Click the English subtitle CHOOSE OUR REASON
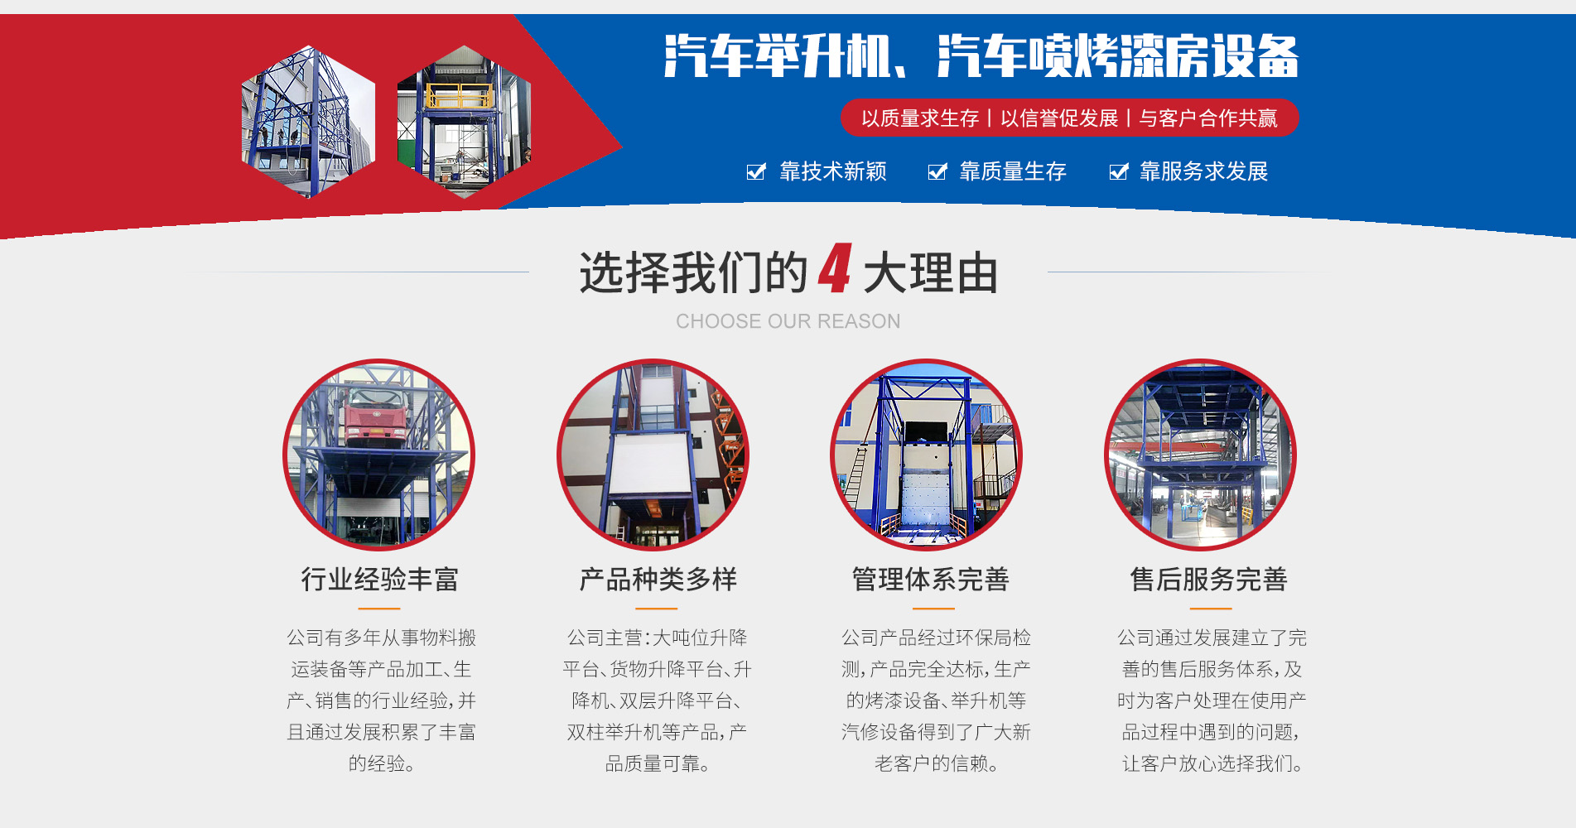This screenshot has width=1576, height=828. coord(788,321)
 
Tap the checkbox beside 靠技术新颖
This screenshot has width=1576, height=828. coord(756,172)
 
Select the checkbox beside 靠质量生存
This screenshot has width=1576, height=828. coord(937,172)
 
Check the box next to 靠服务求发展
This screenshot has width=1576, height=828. coord(1119,172)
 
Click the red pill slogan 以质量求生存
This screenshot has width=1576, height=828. coord(920,118)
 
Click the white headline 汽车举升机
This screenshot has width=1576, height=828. coord(778,56)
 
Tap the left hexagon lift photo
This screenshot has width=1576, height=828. coord(308,123)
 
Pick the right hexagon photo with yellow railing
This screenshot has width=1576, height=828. coord(464,123)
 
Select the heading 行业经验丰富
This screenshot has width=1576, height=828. coord(379,580)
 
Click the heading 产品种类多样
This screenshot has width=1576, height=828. coord(658,580)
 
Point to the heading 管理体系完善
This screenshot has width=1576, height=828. coord(930,580)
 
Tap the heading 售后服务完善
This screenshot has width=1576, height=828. coord(1208,580)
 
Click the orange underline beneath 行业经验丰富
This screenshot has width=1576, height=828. coord(379,609)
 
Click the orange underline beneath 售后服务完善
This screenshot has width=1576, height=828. coord(1210,609)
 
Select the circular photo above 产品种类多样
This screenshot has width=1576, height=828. coord(653,455)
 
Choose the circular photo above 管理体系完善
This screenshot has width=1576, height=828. coord(927,455)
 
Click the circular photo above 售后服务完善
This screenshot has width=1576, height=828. coord(1201,455)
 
